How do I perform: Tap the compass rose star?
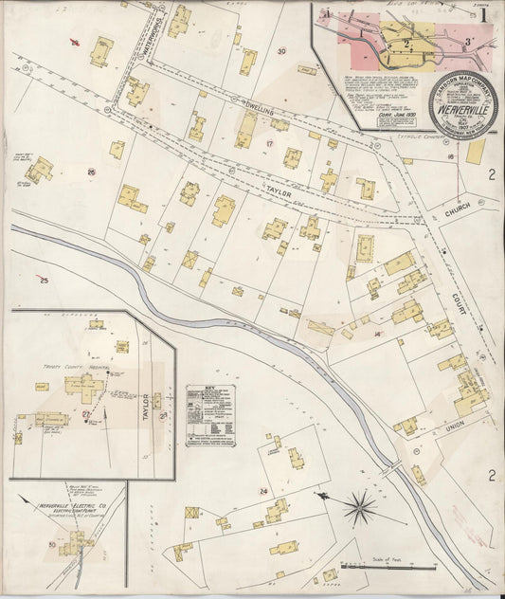(x=359, y=509)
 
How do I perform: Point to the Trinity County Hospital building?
(x=84, y=386)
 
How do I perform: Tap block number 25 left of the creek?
(x=44, y=281)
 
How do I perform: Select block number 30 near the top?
(x=281, y=51)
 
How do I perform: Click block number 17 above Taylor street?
(x=270, y=144)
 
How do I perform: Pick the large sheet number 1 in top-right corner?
(x=483, y=14)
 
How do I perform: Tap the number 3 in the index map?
(x=467, y=43)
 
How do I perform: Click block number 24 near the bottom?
(x=264, y=491)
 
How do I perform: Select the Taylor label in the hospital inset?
(x=145, y=408)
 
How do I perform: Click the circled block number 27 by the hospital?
(x=86, y=415)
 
